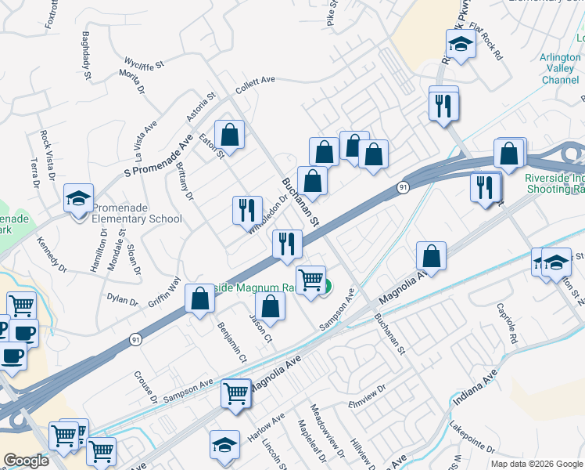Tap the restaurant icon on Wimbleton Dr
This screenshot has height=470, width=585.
247,210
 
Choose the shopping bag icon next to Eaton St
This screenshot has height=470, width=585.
230,135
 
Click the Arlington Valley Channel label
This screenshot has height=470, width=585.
559,69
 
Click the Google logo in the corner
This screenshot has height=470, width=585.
26,461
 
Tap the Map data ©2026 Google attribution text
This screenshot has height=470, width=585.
536,464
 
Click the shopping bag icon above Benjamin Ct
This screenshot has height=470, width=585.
199,298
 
